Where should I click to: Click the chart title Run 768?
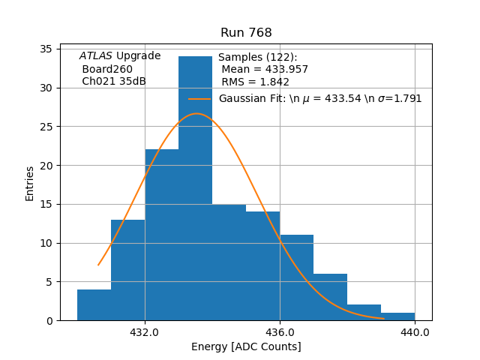(x=246, y=33)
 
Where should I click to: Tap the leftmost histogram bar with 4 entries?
(x=94, y=304)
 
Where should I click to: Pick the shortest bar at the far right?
(x=397, y=316)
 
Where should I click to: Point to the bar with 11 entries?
(x=296, y=277)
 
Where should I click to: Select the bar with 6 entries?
(x=330, y=297)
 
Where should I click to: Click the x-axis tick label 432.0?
(x=145, y=332)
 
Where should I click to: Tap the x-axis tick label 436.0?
(x=280, y=332)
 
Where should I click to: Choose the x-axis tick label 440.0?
(x=415, y=332)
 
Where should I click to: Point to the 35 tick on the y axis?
(x=45, y=49)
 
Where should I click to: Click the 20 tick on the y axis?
(x=45, y=165)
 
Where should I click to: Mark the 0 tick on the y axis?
(x=48, y=320)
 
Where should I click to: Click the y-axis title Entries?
(x=30, y=183)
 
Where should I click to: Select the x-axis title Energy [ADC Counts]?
(x=246, y=346)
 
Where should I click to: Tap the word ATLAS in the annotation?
(x=96, y=56)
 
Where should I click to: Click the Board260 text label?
(x=107, y=69)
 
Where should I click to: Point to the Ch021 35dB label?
(x=114, y=81)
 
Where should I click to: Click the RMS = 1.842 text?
(x=255, y=82)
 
